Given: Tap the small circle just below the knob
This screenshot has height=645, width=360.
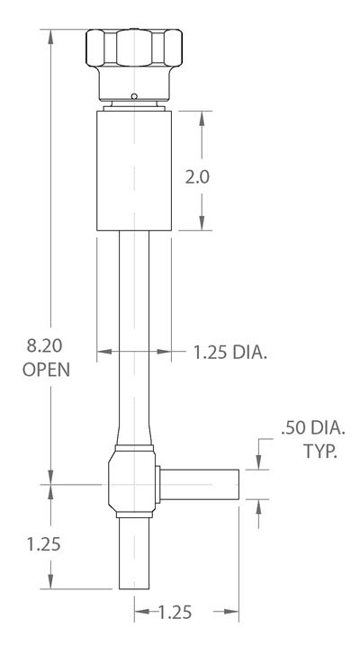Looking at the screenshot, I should point(134,97).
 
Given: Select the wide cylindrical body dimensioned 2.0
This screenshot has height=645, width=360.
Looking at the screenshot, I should point(134,171).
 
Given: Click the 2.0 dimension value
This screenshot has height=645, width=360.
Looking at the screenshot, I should point(196,177).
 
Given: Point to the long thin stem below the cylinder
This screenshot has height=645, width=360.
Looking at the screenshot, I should point(134,333).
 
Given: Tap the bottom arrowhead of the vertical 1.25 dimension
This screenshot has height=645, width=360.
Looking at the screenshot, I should point(51,582).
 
